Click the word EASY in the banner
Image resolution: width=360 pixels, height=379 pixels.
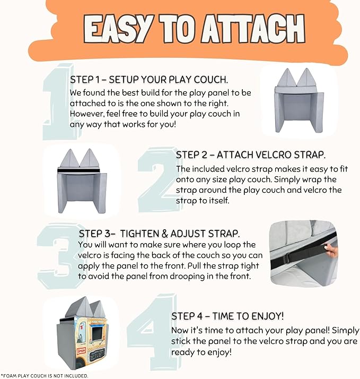[116, 30]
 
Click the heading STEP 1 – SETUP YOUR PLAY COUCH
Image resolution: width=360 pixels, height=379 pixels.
[149, 80]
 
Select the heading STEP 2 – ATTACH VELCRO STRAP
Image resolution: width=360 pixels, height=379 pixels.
[251, 155]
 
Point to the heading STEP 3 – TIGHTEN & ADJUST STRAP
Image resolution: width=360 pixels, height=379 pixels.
[160, 234]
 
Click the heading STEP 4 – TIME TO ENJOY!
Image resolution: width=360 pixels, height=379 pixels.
[227, 316]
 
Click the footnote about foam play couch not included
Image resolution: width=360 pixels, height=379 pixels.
[45, 376]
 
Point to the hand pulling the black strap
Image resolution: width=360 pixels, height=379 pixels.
[331, 251]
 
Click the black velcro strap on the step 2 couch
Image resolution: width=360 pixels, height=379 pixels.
[78, 170]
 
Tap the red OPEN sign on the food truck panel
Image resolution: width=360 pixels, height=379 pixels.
[81, 350]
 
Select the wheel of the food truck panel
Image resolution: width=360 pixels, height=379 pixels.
[78, 365]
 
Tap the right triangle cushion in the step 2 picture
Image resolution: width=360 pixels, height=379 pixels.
[90, 158]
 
